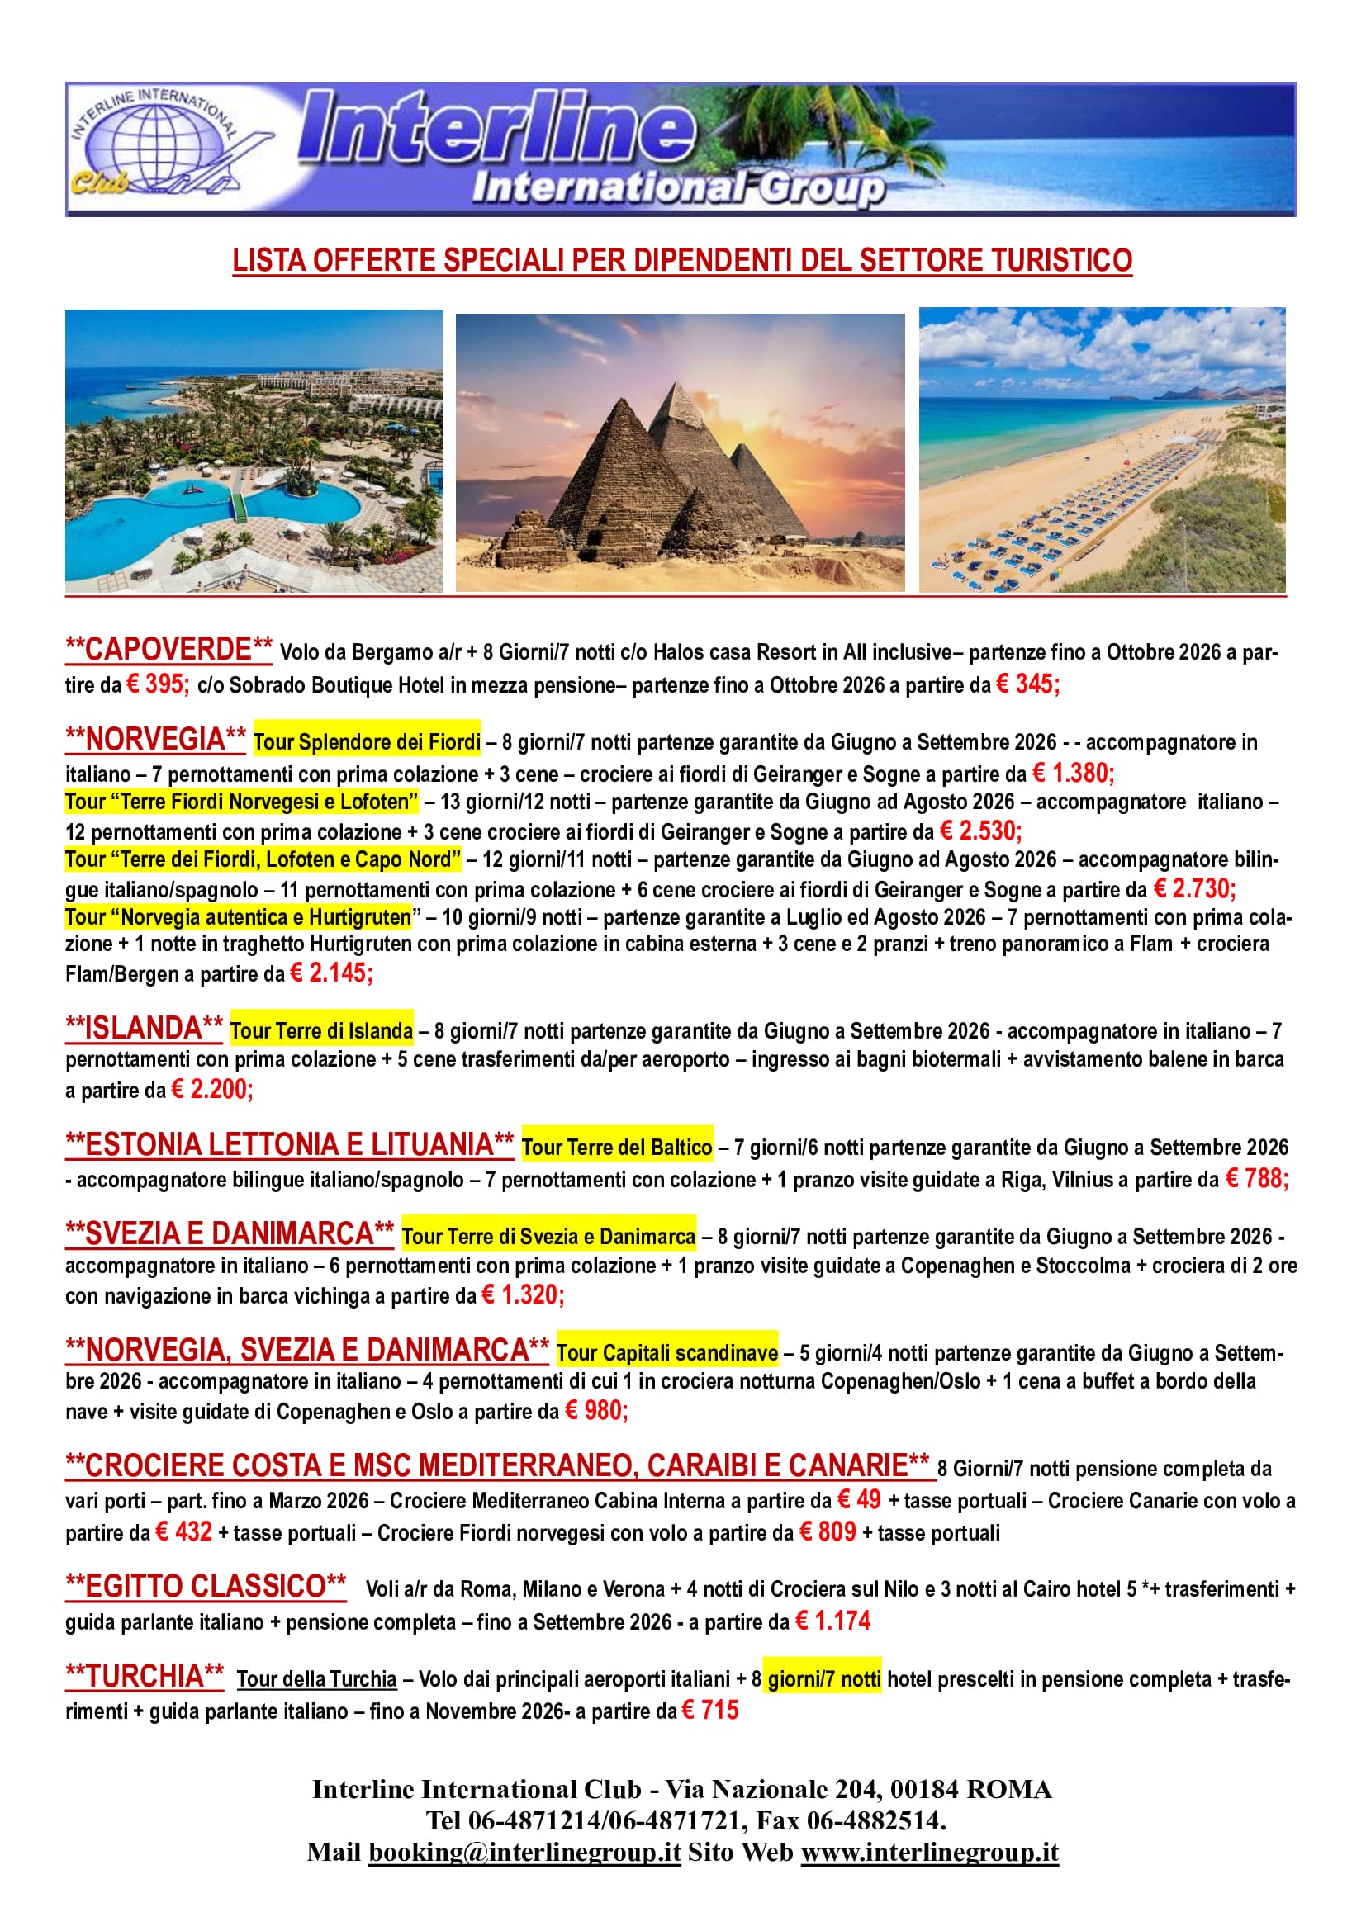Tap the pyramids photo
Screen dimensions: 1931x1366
click(680, 452)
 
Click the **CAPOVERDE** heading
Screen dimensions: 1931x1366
click(169, 649)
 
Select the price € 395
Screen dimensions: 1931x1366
click(158, 684)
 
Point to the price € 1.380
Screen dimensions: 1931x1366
click(1073, 773)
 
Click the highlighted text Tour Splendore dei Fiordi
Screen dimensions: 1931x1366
click(367, 742)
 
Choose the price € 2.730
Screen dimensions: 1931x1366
click(1193, 889)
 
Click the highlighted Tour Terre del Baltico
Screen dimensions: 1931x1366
click(617, 1148)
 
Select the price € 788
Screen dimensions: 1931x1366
click(1257, 1179)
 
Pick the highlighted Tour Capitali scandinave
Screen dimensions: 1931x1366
click(667, 1353)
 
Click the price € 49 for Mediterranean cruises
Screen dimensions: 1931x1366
click(860, 1499)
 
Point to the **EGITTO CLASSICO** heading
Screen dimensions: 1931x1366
click(206, 1586)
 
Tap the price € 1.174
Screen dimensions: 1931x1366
click(832, 1621)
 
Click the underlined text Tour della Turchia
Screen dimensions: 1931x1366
click(316, 1679)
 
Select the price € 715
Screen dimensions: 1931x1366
click(710, 1711)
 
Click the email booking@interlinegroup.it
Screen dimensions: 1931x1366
click(524, 1853)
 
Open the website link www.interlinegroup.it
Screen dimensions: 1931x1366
click(929, 1853)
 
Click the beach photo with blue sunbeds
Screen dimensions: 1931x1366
click(1102, 451)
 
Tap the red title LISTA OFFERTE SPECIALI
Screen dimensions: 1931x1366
click(682, 261)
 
